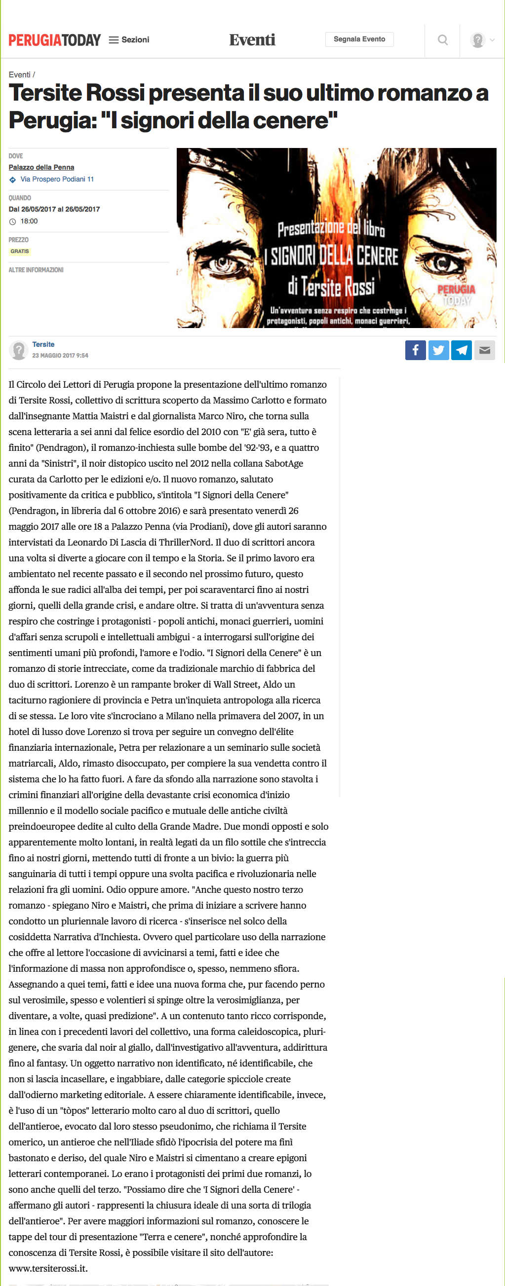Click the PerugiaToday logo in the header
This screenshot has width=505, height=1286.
tap(54, 40)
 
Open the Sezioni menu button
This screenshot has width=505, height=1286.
tap(129, 40)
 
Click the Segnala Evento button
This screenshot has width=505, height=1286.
tap(359, 39)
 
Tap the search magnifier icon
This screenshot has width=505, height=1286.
tap(443, 40)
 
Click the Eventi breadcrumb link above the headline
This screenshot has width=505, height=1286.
tap(19, 75)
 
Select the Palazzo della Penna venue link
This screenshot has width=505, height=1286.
tap(41, 168)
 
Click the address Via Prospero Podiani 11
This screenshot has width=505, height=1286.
tap(57, 179)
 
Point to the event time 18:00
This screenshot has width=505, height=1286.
tap(29, 221)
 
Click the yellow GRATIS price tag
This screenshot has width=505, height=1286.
tap(20, 252)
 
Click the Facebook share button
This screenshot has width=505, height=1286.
tap(415, 350)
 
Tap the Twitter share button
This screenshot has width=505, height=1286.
tap(438, 350)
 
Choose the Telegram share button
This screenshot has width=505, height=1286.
tap(462, 350)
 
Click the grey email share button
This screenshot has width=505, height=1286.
tap(485, 350)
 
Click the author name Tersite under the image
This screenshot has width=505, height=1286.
tap(43, 344)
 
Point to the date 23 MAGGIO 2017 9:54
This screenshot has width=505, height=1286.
tap(60, 356)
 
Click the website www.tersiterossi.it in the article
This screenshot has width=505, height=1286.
tap(48, 1269)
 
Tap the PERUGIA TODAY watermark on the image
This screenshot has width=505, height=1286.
tap(456, 295)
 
